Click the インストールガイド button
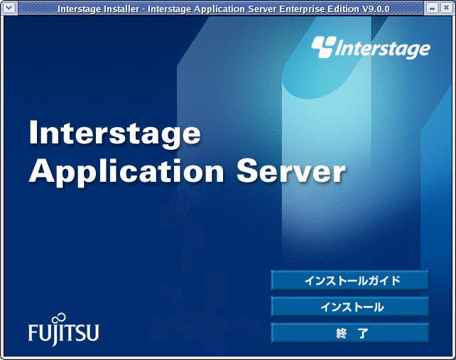(350, 280)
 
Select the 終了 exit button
(350, 333)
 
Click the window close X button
(446, 8)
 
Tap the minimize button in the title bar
(432, 8)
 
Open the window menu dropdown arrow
(9, 8)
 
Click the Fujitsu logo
(64, 329)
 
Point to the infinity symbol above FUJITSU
(60, 318)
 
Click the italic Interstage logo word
(383, 49)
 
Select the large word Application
(126, 172)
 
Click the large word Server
(291, 171)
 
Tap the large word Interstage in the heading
(115, 133)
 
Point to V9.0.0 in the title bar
(376, 9)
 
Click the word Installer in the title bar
(122, 9)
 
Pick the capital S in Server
(247, 171)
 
